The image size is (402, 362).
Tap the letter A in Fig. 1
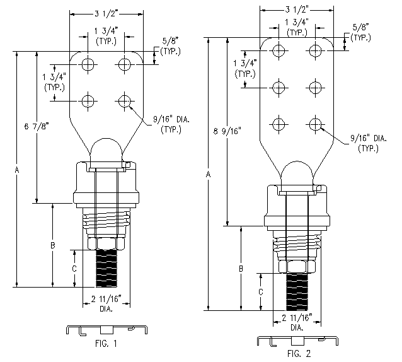[x=17, y=170]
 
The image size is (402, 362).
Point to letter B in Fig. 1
[x=54, y=245]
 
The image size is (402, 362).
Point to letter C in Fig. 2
[x=260, y=291]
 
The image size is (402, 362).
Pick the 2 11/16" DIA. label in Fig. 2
[x=297, y=322]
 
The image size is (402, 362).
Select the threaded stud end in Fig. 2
[x=297, y=291]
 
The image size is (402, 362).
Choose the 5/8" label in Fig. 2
[x=361, y=32]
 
